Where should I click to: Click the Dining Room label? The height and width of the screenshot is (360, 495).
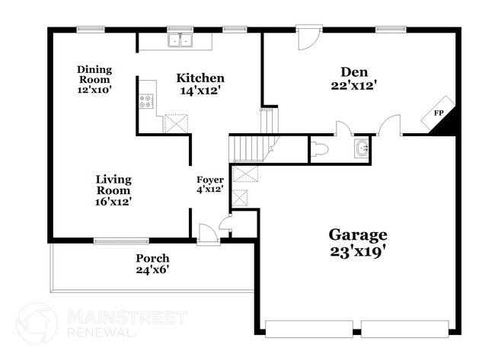coord(94,74)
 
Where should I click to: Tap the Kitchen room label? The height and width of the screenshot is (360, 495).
coord(200,78)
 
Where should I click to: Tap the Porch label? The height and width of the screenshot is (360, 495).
coord(152,258)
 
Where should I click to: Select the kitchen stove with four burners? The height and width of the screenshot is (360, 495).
coord(145,102)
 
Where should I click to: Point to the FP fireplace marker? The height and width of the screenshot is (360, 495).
coord(439,113)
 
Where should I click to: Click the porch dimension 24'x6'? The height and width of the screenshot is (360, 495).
coord(152,270)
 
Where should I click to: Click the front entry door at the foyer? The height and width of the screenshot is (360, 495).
coord(206,234)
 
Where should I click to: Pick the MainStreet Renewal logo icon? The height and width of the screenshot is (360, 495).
coord(36,323)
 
